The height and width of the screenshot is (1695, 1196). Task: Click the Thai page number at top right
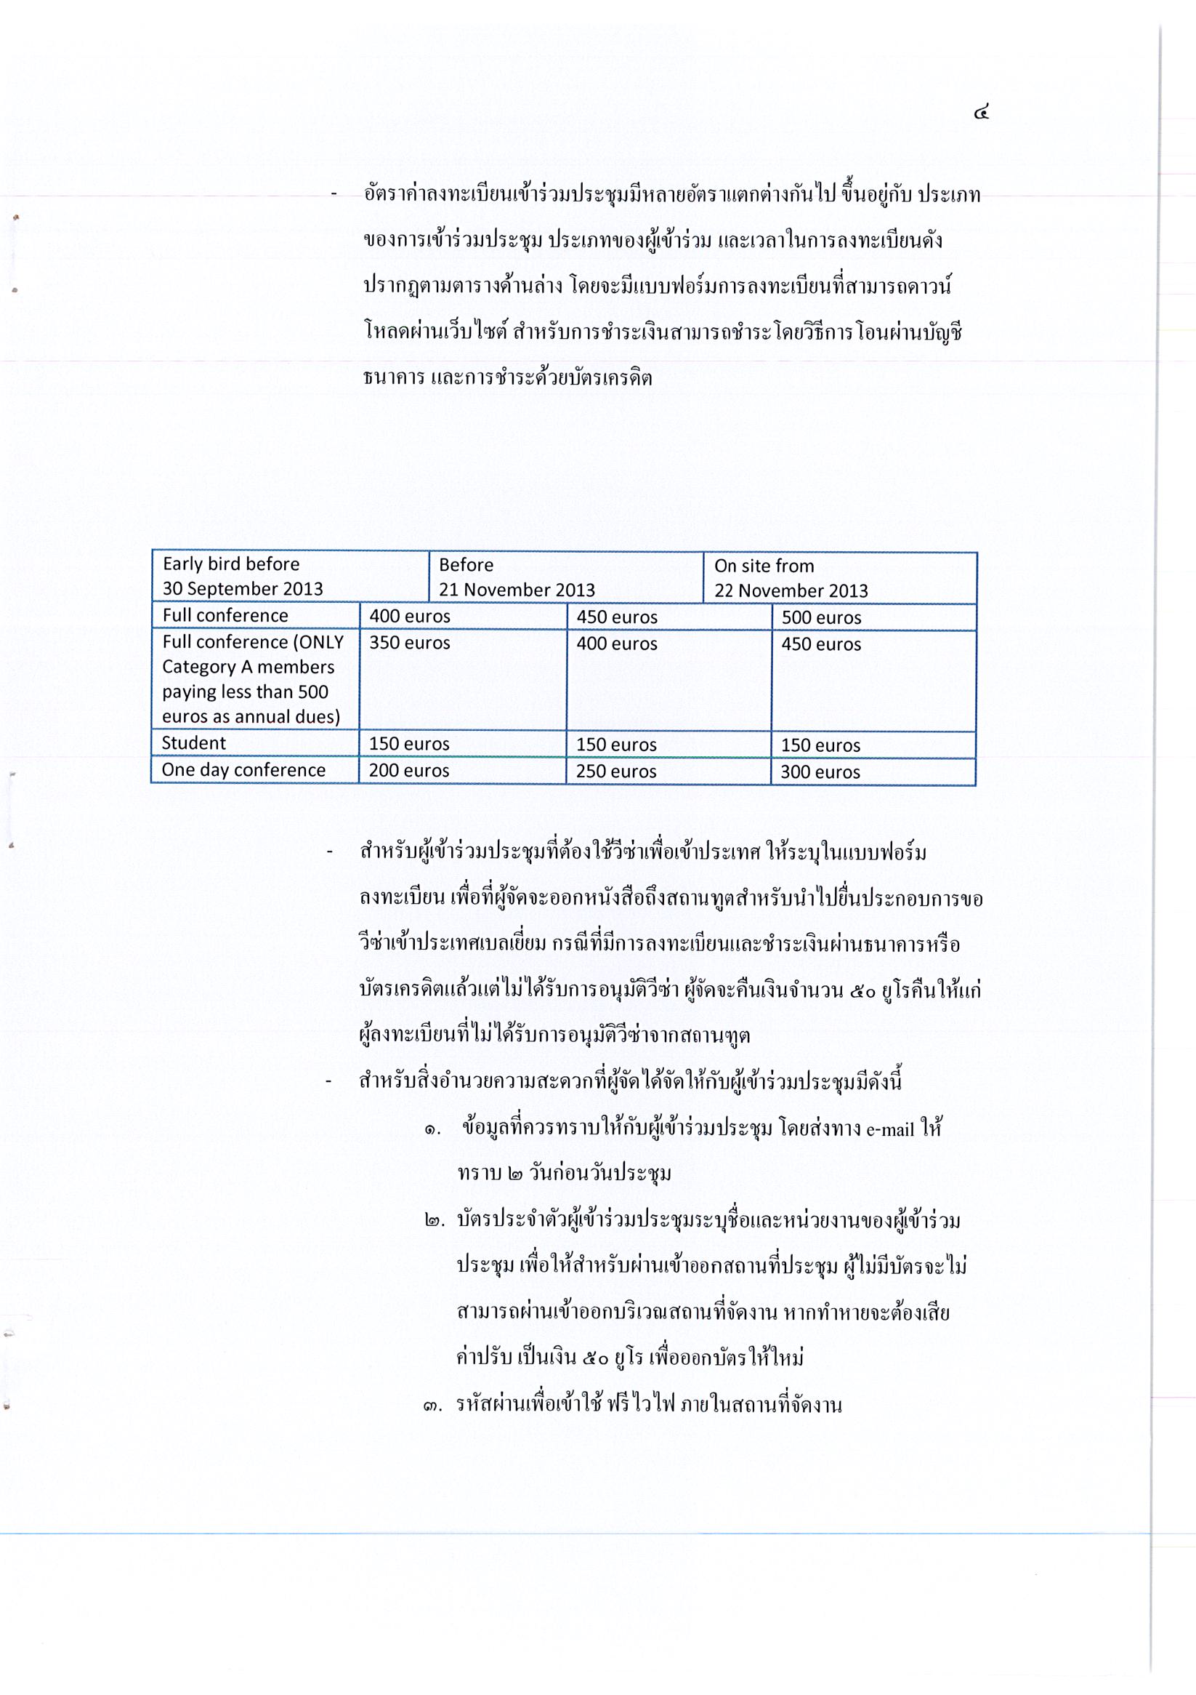point(980,113)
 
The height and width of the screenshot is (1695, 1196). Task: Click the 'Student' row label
point(194,742)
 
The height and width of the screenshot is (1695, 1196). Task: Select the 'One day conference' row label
point(243,770)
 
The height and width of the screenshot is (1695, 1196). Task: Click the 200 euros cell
point(409,771)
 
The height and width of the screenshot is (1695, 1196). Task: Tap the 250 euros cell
point(616,772)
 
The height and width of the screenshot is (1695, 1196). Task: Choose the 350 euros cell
point(410,643)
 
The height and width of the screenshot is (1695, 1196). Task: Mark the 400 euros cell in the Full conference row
point(410,617)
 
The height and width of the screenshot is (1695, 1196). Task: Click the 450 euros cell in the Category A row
point(821,644)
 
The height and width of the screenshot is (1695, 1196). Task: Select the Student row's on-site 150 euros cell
point(820,745)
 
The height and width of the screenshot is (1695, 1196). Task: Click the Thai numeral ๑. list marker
point(432,1129)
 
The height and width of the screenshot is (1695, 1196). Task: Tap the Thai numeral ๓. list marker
point(433,1405)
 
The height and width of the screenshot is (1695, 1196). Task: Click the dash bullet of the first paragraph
point(334,195)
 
